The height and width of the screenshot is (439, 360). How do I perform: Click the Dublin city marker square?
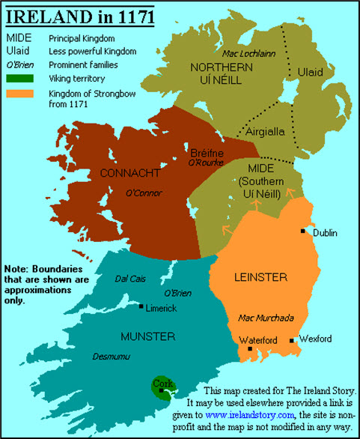coord(303,231)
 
